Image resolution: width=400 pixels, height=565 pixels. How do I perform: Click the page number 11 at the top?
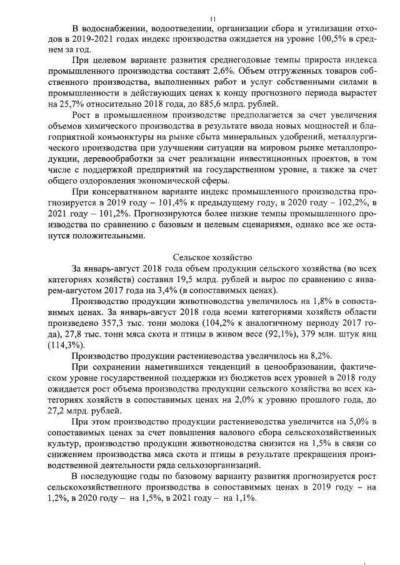coord(212,19)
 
